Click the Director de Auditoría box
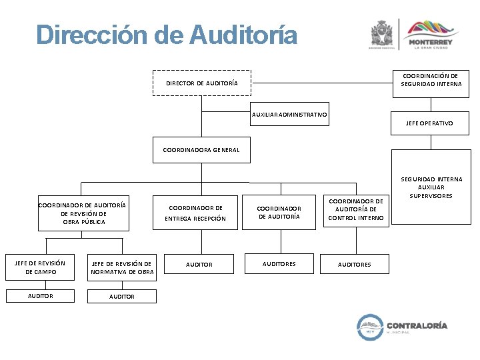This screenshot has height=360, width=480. coord(201,83)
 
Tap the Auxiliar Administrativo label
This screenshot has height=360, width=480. coord(289,115)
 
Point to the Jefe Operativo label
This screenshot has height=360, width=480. coord(429,123)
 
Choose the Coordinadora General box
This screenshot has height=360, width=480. coord(201,150)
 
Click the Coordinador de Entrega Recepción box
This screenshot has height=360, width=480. coord(195,213)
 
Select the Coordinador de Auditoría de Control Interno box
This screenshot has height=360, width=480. coord(356,210)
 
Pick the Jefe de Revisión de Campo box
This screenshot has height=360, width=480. coord(40,267)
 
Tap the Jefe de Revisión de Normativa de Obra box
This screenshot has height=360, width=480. coord(122,267)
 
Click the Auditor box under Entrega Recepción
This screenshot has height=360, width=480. coord(199,265)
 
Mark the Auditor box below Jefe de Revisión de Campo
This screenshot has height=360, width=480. coord(40,295)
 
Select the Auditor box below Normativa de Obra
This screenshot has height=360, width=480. coord(122,297)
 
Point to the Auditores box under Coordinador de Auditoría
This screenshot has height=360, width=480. coord(279,264)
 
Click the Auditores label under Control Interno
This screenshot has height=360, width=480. coord(355,265)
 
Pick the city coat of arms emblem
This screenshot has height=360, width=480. coord(382,33)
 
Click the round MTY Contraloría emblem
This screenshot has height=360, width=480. coord(369,327)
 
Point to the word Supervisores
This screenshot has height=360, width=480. coord(431,196)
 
